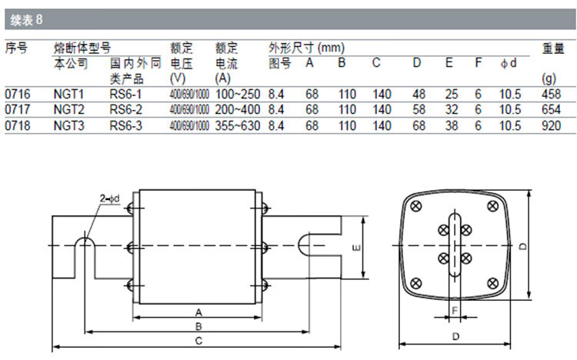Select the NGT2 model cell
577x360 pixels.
[70, 109]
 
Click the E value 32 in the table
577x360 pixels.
[451, 109]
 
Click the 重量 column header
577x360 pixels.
[552, 48]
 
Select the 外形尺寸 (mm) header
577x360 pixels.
[306, 48]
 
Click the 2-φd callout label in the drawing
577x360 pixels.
[108, 200]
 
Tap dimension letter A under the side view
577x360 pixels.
[198, 312]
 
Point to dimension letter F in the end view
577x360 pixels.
[454, 309]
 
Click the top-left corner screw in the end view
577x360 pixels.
[417, 206]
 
